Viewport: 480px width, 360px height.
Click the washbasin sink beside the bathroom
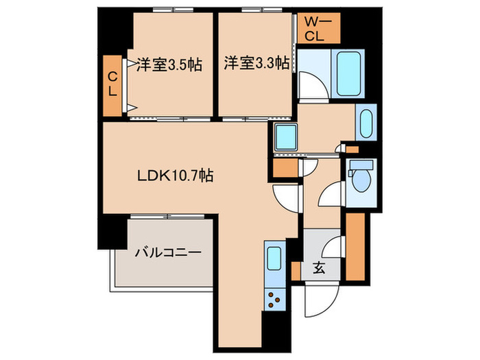[x=366, y=123]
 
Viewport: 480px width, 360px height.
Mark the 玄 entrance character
[x=319, y=268]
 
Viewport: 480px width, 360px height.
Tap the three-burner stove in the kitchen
[x=275, y=299]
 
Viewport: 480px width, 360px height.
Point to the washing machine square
[x=284, y=138]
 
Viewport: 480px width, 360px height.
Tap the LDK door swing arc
[x=284, y=199]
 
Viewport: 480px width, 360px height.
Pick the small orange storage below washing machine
[x=283, y=167]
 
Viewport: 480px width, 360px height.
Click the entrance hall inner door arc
[x=333, y=247]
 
